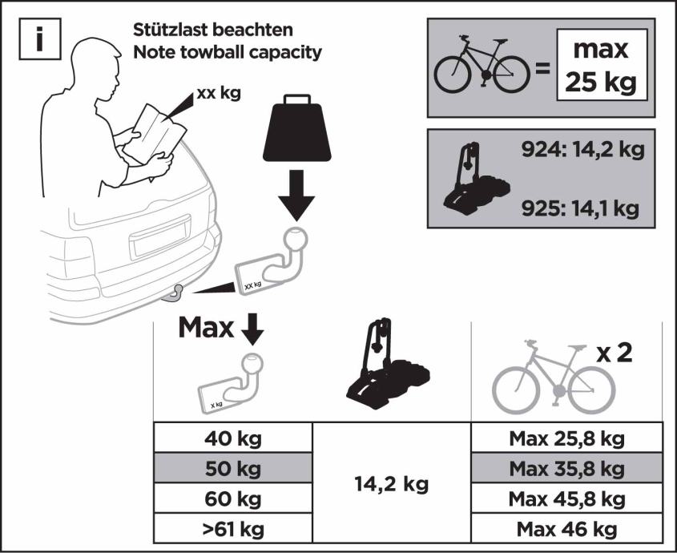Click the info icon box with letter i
(40, 39)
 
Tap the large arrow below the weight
(296, 196)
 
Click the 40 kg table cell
(233, 438)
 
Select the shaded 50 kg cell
(233, 468)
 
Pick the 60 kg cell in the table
(233, 499)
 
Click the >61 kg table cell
(233, 528)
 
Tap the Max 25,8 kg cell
(567, 438)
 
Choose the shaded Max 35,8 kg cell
(567, 468)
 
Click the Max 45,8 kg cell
(567, 499)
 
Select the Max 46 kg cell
(567, 528)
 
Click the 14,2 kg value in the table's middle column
(392, 484)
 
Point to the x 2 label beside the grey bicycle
(615, 353)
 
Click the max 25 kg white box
(602, 65)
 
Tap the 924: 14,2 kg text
(583, 150)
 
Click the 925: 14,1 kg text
(580, 208)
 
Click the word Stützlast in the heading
(171, 30)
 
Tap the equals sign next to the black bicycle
(542, 68)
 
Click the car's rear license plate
(160, 236)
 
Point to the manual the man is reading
(154, 133)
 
